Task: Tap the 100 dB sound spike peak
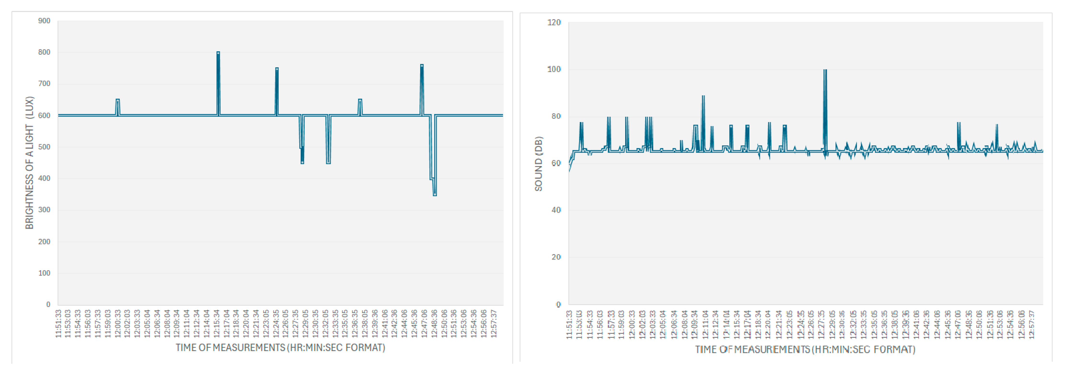tap(825, 70)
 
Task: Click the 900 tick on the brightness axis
tap(44, 21)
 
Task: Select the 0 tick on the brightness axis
tap(48, 304)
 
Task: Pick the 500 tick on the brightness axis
tap(44, 147)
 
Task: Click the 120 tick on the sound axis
tap(554, 22)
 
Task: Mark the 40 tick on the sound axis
tap(556, 210)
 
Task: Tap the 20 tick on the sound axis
tap(556, 257)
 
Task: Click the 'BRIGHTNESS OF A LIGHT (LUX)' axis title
tap(29, 162)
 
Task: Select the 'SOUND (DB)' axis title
tap(538, 164)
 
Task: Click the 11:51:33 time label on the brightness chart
tap(58, 324)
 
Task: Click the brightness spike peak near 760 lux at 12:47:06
tap(422, 65)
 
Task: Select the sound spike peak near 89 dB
tap(703, 96)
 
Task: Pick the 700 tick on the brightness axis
tap(44, 84)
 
